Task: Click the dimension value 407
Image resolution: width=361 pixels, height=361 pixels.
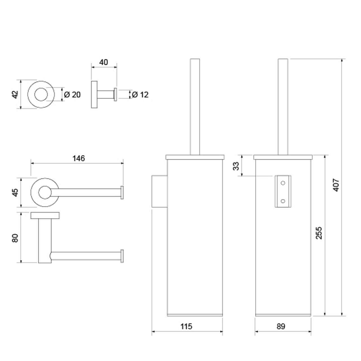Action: (x=336, y=185)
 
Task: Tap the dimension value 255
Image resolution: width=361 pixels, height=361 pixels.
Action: (x=319, y=233)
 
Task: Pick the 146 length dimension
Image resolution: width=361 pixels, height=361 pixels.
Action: (x=79, y=159)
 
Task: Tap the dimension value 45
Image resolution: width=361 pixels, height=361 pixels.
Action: (x=15, y=192)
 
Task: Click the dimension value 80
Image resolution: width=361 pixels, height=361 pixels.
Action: (x=15, y=238)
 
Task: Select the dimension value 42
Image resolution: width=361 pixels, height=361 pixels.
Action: (x=15, y=94)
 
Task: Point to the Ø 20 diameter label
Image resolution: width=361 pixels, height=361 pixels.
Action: (x=72, y=95)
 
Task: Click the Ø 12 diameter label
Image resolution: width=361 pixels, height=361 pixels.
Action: (x=140, y=95)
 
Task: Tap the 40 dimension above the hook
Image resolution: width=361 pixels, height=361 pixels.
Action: (x=104, y=62)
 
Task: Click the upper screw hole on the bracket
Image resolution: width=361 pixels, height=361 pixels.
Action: (x=283, y=183)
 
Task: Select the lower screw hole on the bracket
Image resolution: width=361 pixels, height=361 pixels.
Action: (x=283, y=201)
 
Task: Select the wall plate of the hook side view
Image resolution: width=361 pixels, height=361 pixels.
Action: (x=94, y=94)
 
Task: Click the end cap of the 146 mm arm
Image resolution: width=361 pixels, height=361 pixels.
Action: (x=122, y=193)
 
